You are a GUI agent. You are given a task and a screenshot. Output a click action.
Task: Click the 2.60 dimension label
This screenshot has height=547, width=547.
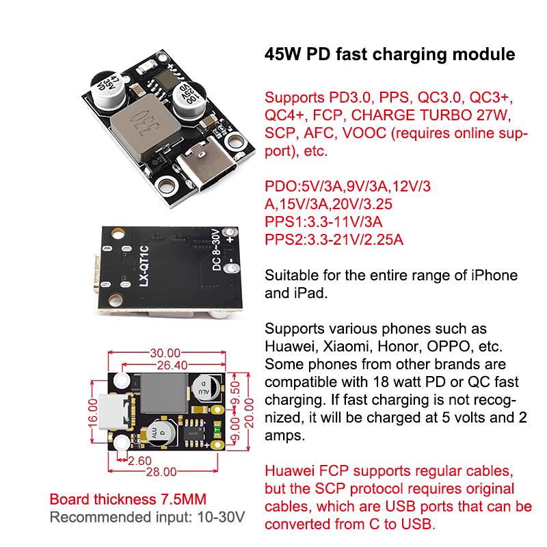pyautogui.click(x=141, y=461)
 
